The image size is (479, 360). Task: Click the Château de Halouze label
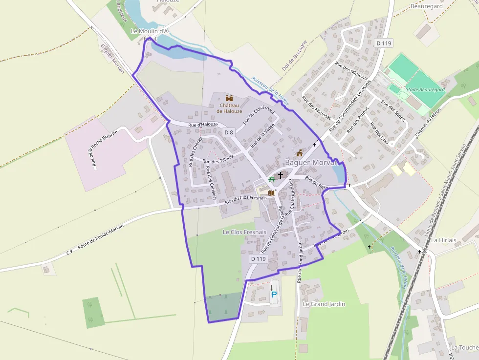pyautogui.click(x=229, y=108)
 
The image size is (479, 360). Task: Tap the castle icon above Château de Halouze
pyautogui.click(x=229, y=98)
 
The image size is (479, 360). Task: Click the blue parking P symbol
pyautogui.click(x=274, y=295)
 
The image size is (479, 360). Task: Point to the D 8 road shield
pyautogui.click(x=229, y=132)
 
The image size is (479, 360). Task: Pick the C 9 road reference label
pyautogui.click(x=69, y=252)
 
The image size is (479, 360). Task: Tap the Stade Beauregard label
pyautogui.click(x=425, y=90)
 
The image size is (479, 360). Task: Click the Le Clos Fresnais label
pyautogui.click(x=244, y=232)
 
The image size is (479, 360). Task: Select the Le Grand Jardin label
pyautogui.click(x=324, y=304)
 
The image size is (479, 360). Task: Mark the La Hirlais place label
pyautogui.click(x=443, y=240)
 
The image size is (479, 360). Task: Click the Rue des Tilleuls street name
pyautogui.click(x=218, y=159)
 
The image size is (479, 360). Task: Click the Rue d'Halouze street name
pyautogui.click(x=203, y=126)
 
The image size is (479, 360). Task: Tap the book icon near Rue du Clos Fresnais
pyautogui.click(x=272, y=192)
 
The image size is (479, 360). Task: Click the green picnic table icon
pyautogui.click(x=272, y=179)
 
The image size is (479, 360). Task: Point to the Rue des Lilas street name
pyautogui.click(x=379, y=130)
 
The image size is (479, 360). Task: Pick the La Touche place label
pyautogui.click(x=464, y=347)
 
